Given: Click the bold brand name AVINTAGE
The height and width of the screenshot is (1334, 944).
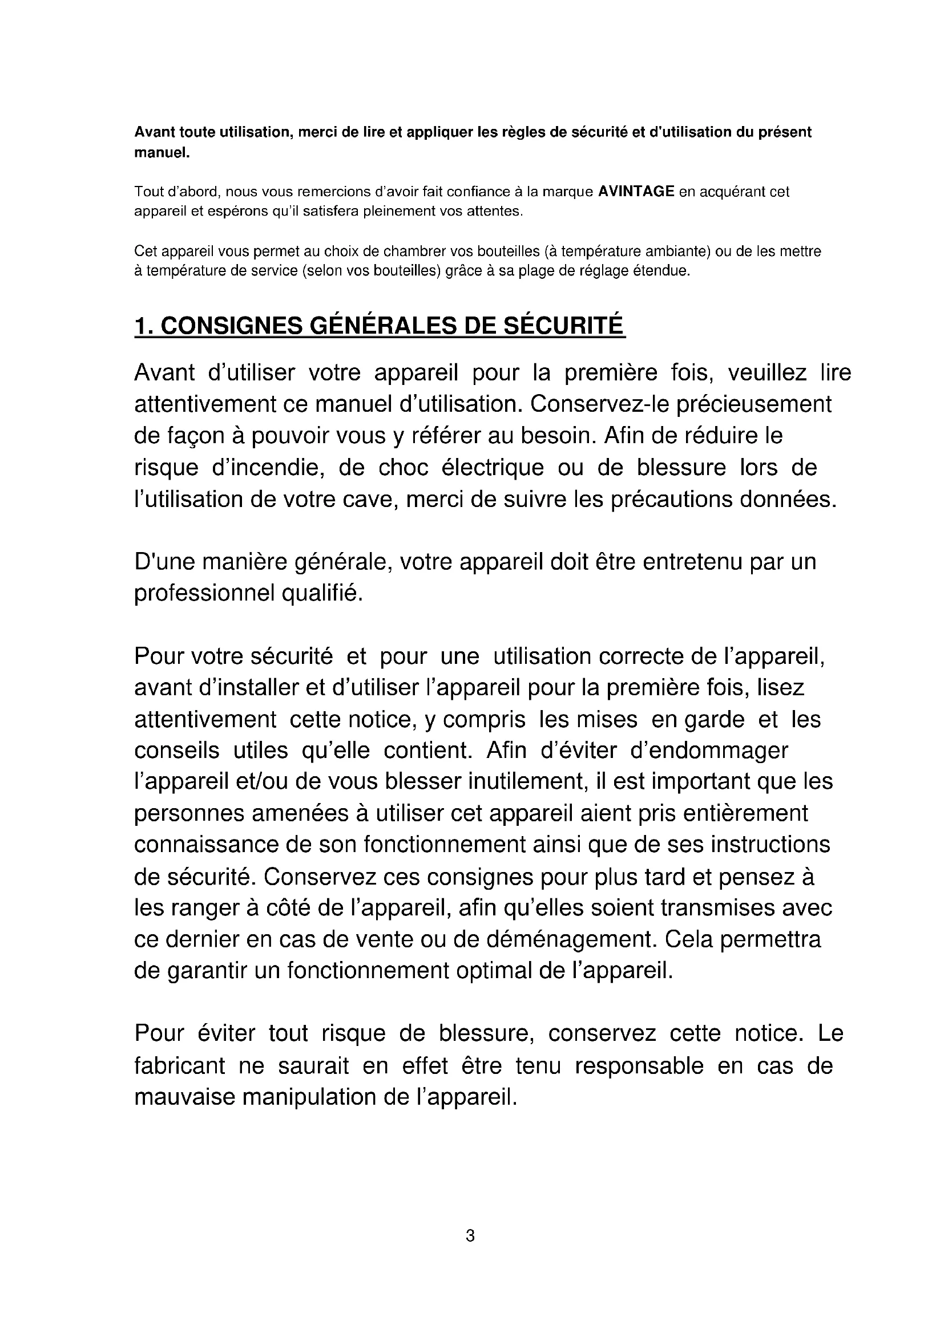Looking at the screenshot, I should (x=636, y=192).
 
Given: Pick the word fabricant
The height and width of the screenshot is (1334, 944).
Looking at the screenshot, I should (x=180, y=1066).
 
